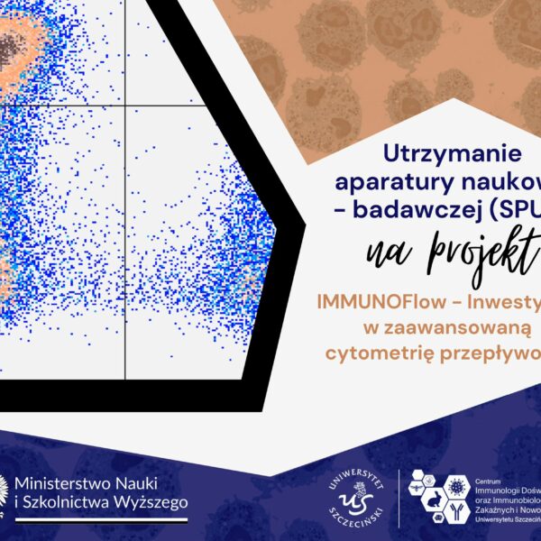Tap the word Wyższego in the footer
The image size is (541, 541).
tap(156, 502)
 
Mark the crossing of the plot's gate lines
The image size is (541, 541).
tap(124, 105)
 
